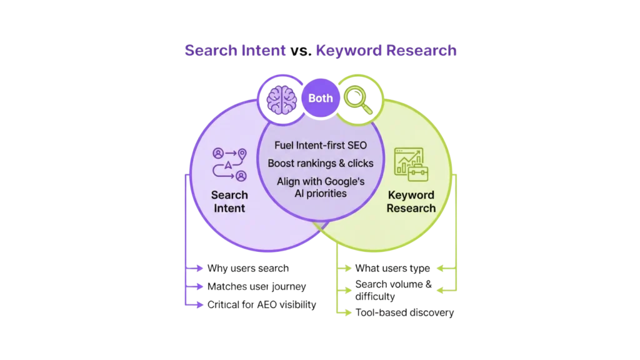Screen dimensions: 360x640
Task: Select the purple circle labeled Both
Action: point(320,98)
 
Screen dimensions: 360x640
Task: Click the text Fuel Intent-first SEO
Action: point(320,146)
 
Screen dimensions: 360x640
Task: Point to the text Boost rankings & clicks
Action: point(320,163)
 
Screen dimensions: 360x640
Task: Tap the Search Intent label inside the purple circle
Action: point(229,201)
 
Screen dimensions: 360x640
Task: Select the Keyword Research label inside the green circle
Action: point(411,201)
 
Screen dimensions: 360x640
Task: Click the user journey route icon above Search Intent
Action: point(229,164)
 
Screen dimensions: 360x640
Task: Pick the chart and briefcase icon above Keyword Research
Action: point(411,162)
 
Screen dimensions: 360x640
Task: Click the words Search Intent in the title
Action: point(235,51)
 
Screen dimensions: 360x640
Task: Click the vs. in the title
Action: point(300,52)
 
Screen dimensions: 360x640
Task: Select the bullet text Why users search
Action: point(248,269)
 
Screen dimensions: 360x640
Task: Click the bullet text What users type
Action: point(392,269)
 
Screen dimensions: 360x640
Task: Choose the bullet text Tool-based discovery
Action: point(404,313)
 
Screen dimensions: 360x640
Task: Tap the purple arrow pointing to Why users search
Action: point(194,269)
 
